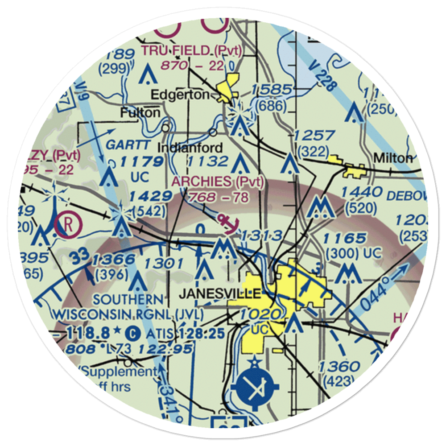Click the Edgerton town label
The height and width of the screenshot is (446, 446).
[x=179, y=95]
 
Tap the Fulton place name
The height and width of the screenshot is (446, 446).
[x=140, y=113]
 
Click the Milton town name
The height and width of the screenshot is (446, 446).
[x=393, y=158]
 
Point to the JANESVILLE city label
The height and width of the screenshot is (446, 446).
[x=219, y=293]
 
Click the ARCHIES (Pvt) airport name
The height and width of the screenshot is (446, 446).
[x=218, y=182]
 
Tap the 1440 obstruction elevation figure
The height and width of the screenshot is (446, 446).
[x=361, y=192]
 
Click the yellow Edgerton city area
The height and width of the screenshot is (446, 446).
[x=229, y=85]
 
